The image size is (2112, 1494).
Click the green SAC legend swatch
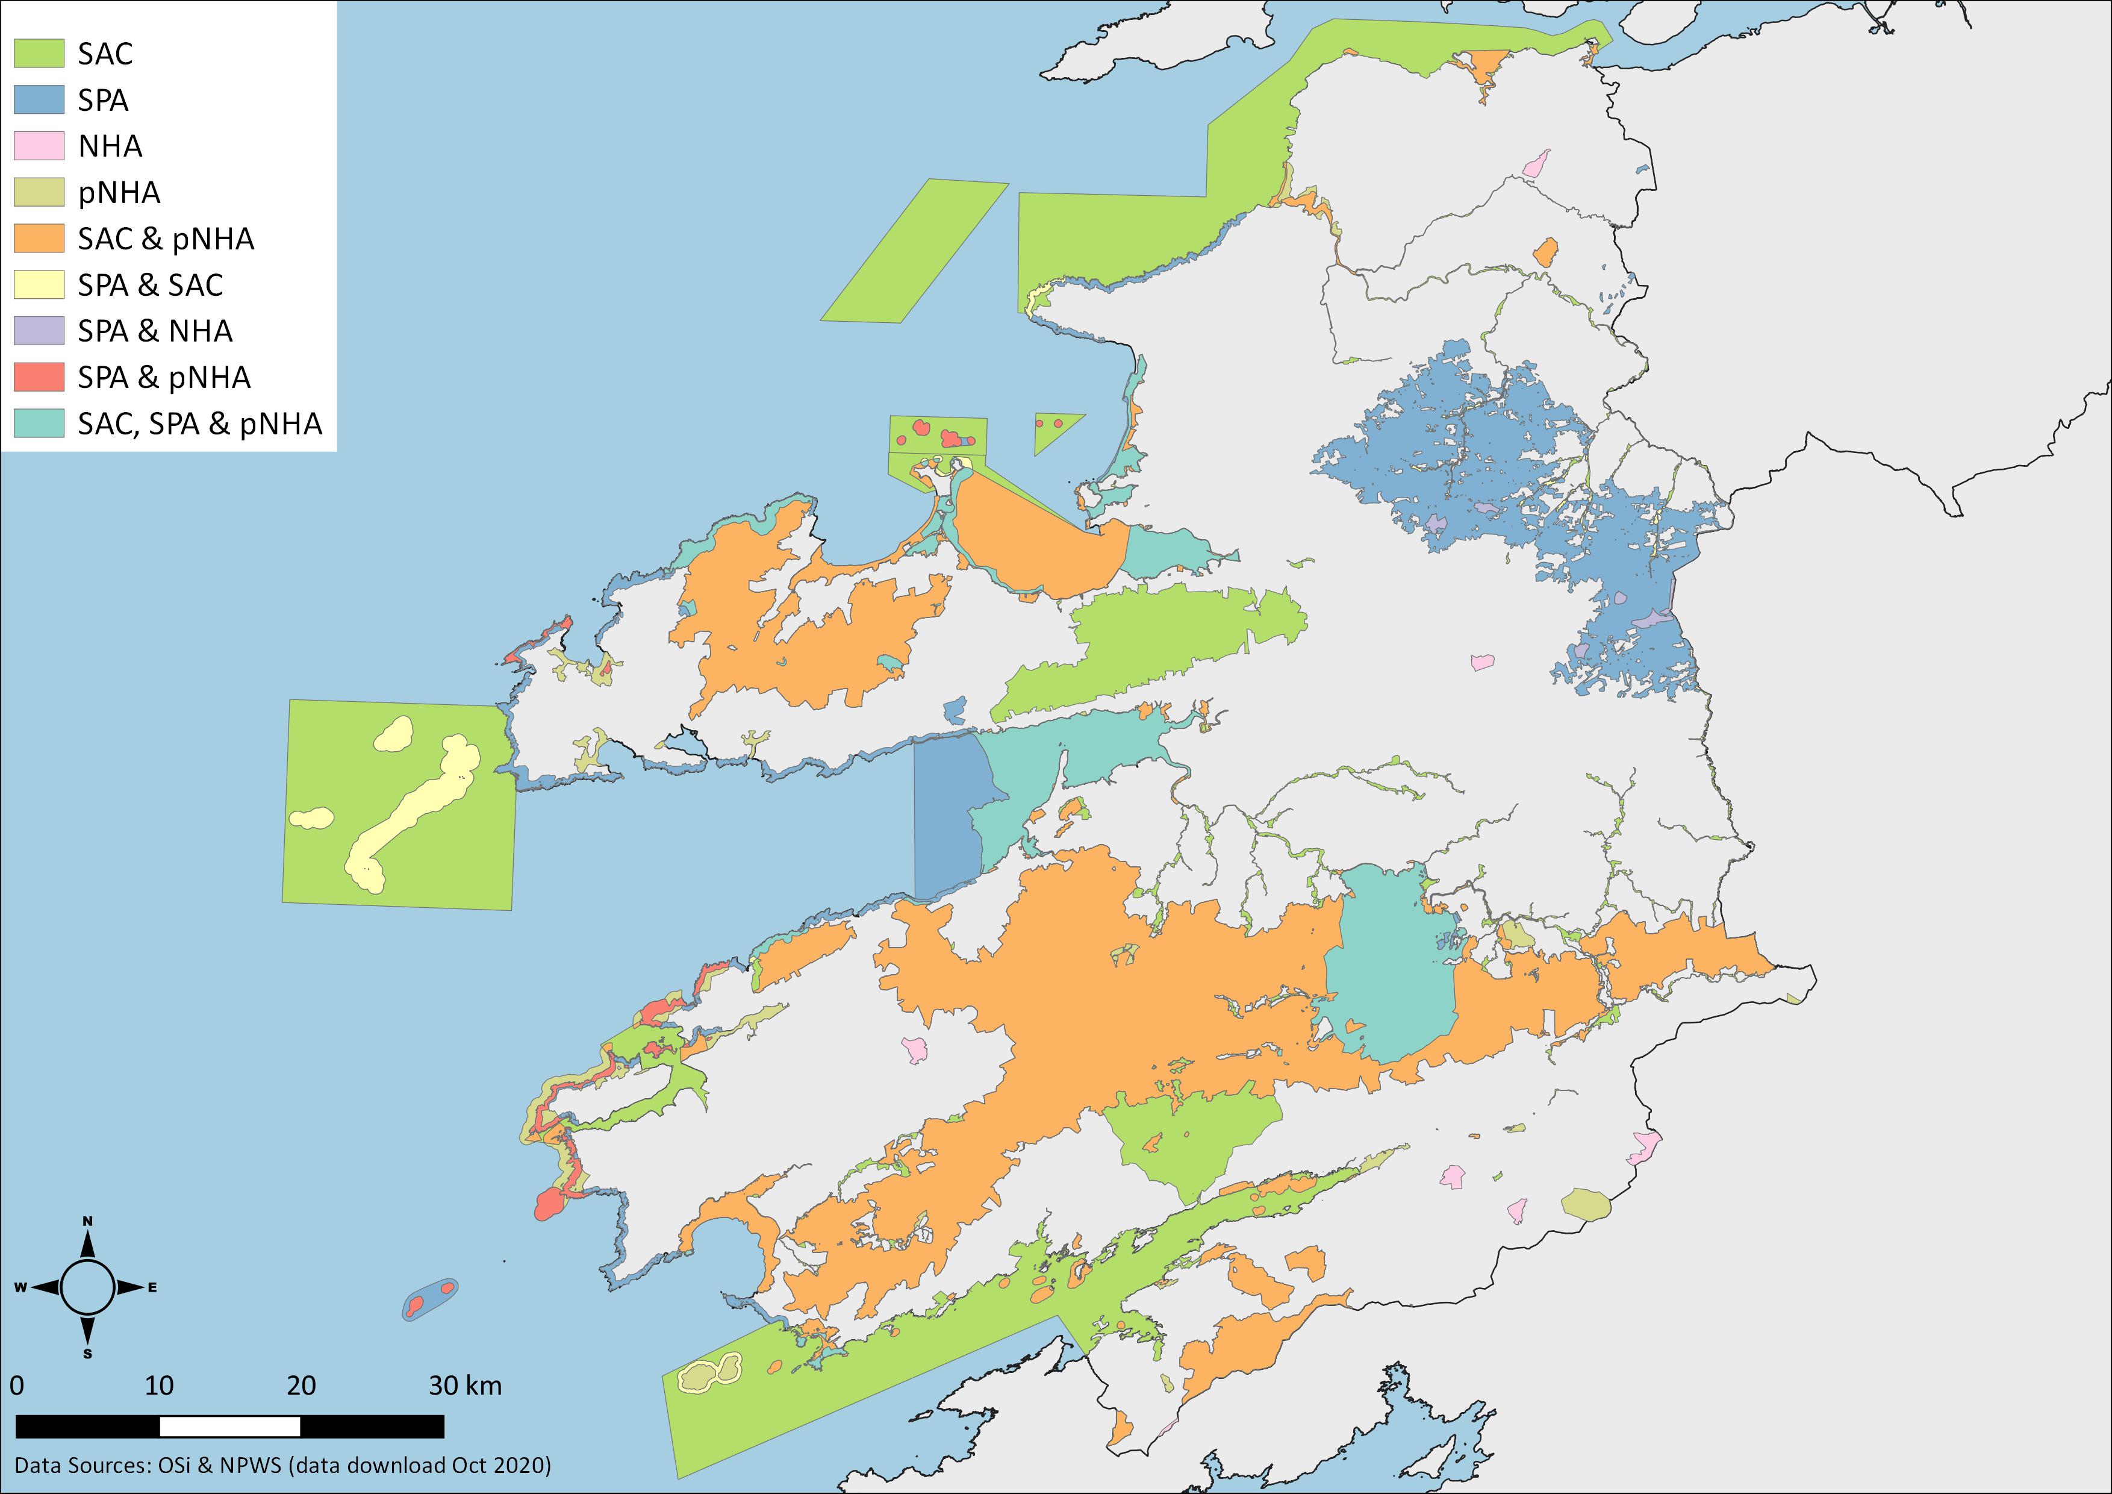click(39, 54)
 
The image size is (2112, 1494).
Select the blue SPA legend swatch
click(39, 99)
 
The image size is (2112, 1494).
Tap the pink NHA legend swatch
click(39, 145)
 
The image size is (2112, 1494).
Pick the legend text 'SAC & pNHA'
click(166, 239)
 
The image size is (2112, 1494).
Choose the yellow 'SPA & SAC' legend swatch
click(39, 284)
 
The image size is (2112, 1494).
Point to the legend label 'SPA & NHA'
click(155, 331)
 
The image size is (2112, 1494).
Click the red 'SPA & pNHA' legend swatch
click(39, 377)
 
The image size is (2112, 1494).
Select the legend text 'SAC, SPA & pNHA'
click(199, 423)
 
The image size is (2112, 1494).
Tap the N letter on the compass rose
click(89, 1222)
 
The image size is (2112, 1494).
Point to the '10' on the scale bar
click(158, 1386)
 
